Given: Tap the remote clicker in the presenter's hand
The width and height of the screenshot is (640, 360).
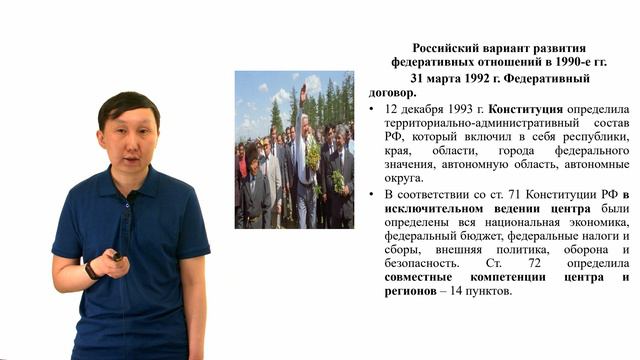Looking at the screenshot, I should (116, 256).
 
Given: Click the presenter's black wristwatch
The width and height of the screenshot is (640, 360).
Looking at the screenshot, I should (91, 269).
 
